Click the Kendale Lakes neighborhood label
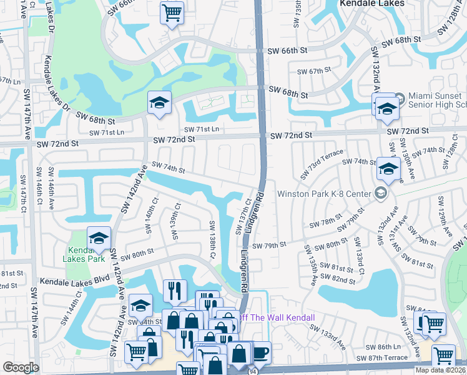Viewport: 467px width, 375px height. tap(371, 3)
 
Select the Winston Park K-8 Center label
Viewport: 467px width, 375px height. tap(324, 194)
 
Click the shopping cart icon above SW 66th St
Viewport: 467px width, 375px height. tap(171, 12)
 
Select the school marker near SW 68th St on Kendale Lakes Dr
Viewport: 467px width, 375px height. tap(159, 102)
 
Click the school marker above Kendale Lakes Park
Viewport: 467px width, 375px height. tap(99, 237)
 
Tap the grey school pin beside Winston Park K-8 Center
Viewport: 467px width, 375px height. tap(379, 193)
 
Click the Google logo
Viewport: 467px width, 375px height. tap(21, 367)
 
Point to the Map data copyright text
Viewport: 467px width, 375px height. tap(441, 369)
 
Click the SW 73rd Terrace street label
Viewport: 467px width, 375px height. tap(322, 164)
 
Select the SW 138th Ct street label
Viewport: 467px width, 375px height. tap(212, 240)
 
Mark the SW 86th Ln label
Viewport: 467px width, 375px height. tap(383, 346)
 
